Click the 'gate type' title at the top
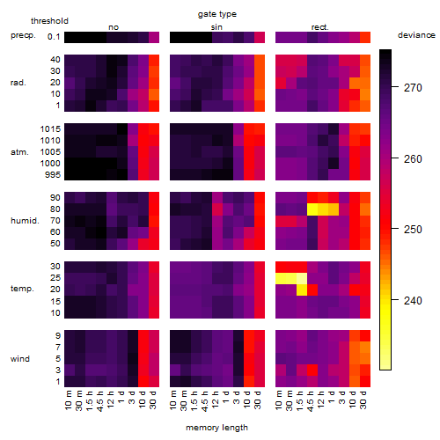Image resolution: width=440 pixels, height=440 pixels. click(x=217, y=14)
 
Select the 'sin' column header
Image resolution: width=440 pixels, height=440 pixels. click(x=216, y=27)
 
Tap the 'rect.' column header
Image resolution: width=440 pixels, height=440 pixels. click(x=319, y=27)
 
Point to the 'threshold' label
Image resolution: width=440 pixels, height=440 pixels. click(x=49, y=21)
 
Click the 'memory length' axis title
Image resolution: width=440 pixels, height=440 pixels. click(x=216, y=428)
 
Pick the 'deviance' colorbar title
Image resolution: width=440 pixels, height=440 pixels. click(x=416, y=35)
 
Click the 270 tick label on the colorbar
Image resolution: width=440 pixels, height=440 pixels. click(x=413, y=88)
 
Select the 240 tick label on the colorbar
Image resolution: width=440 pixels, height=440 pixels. click(x=413, y=301)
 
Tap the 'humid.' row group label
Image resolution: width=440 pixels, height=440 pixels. click(x=25, y=221)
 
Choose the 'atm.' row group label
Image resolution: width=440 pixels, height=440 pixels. click(x=19, y=152)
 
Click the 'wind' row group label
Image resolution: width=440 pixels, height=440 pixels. click(x=20, y=359)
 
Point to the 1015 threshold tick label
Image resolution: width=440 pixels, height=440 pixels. click(x=50, y=129)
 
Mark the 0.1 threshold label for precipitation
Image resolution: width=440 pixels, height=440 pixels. click(x=54, y=37)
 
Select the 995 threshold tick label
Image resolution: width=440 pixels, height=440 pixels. click(x=53, y=175)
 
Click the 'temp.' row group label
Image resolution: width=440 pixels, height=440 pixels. click(x=22, y=289)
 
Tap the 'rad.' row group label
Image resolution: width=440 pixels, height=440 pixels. click(x=18, y=83)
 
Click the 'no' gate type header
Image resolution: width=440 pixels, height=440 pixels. click(x=114, y=27)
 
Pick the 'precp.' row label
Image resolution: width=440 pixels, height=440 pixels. click(x=23, y=35)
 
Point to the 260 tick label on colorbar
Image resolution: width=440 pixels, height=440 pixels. click(x=413, y=159)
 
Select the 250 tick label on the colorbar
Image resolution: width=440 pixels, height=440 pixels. click(x=413, y=230)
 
